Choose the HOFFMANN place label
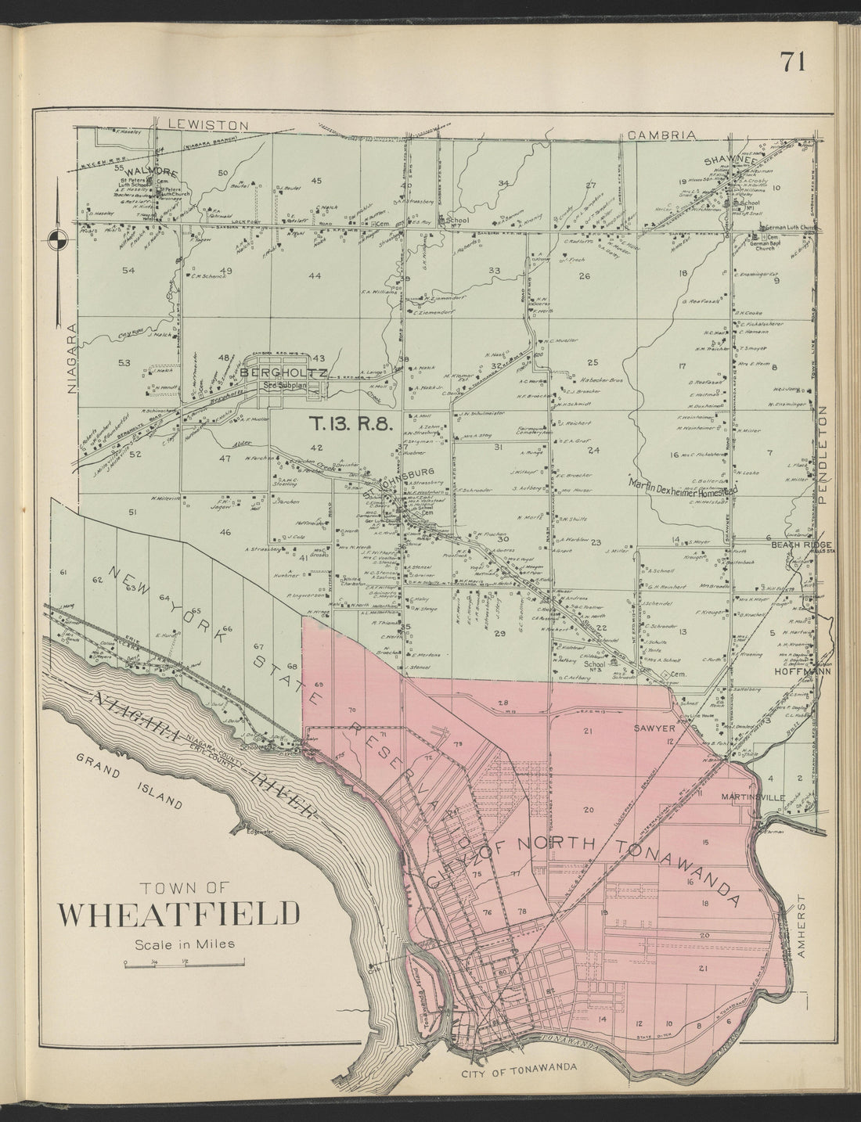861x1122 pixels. pos(799,671)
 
